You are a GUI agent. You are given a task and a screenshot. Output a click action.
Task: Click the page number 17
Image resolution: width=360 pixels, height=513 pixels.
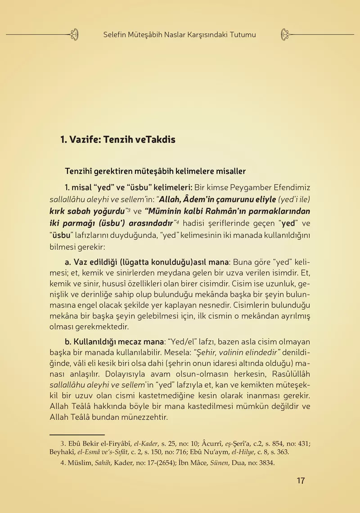point(301,481)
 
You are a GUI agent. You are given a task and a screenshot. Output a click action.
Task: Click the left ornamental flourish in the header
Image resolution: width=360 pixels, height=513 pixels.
point(75,34)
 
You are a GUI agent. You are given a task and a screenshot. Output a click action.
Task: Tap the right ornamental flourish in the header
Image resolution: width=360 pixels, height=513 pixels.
point(285,34)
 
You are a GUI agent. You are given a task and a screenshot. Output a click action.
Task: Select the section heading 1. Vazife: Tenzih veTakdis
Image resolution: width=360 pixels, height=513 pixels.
point(118,140)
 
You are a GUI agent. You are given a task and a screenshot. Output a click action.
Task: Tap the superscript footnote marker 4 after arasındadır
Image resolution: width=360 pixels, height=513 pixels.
point(178,221)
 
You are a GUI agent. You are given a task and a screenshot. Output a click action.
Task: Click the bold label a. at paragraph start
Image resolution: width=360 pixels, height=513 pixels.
point(68,262)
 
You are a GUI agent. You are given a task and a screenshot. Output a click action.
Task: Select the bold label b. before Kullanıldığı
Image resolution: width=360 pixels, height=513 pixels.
point(68,342)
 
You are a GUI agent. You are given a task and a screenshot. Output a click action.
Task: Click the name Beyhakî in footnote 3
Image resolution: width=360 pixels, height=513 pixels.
point(63,452)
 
